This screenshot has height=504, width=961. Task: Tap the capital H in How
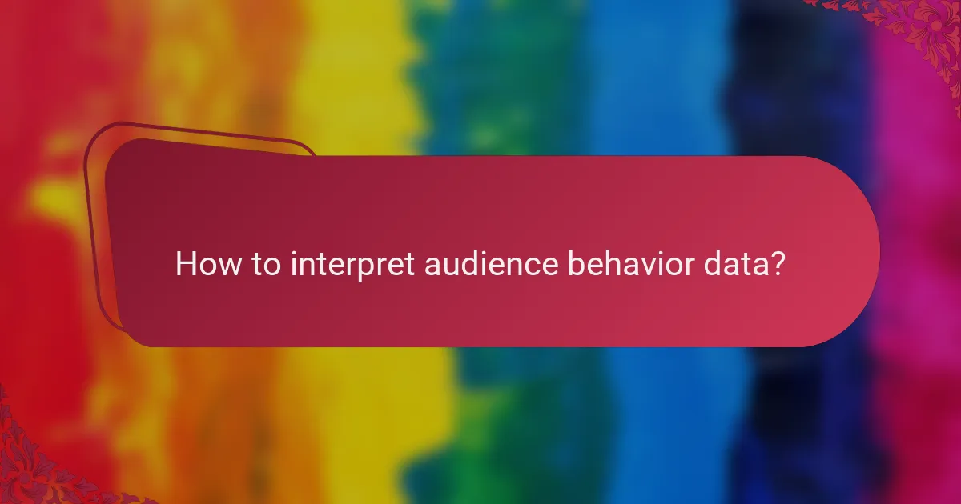tap(183, 264)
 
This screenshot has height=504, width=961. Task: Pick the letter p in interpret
tap(383, 268)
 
